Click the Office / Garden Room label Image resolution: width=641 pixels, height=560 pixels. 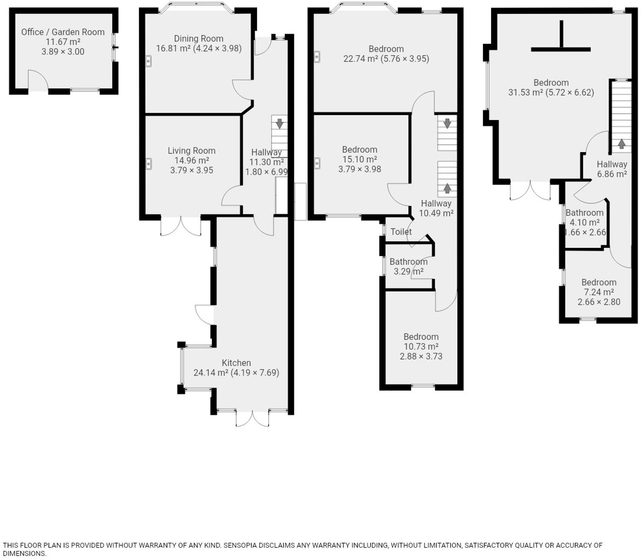pos(63,32)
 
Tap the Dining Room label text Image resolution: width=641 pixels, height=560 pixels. pos(199,39)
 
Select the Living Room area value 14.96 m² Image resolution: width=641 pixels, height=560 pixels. pos(192,161)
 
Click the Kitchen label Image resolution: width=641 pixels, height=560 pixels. pos(236,363)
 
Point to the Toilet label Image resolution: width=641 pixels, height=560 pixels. pos(401,232)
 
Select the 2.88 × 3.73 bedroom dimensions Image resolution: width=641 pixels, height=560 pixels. pos(421,357)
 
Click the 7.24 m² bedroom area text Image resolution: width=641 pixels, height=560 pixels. pos(599,293)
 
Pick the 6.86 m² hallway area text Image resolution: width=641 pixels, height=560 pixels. pos(612,174)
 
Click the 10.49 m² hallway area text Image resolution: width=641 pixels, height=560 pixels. pos(436,213)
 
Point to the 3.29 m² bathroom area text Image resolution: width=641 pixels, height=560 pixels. pos(408,272)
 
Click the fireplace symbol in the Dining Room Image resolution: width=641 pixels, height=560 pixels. pos(148,61)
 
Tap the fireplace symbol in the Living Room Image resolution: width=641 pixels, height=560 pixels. pos(149,164)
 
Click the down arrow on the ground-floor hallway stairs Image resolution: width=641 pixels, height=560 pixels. pos(279,124)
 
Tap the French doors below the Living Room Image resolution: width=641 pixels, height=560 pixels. pos(181,226)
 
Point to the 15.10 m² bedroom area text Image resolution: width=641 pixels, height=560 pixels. pos(360,160)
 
